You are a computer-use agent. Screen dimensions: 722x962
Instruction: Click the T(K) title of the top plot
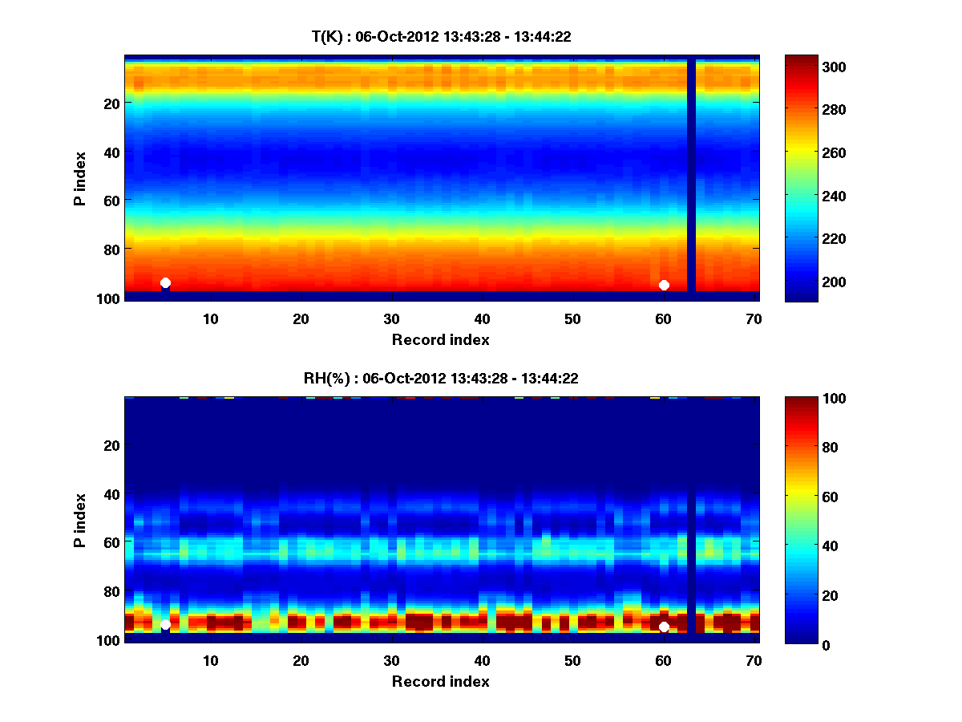click(441, 36)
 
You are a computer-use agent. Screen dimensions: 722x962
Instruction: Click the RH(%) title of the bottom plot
click(441, 378)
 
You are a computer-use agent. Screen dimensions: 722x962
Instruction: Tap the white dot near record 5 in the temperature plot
click(165, 282)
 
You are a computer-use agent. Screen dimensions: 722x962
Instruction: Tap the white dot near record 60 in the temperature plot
click(664, 285)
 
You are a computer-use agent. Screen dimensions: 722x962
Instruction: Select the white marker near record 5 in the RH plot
click(165, 624)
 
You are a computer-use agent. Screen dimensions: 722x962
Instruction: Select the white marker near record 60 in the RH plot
click(664, 627)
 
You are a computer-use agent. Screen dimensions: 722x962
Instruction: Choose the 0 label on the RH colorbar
click(827, 644)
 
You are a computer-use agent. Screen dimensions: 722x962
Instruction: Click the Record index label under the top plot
click(441, 339)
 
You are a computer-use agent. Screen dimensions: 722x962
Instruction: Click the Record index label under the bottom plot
click(441, 681)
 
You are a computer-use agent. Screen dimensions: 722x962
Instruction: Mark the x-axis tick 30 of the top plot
click(391, 318)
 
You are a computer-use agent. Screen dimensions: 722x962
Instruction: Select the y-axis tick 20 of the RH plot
click(112, 445)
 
